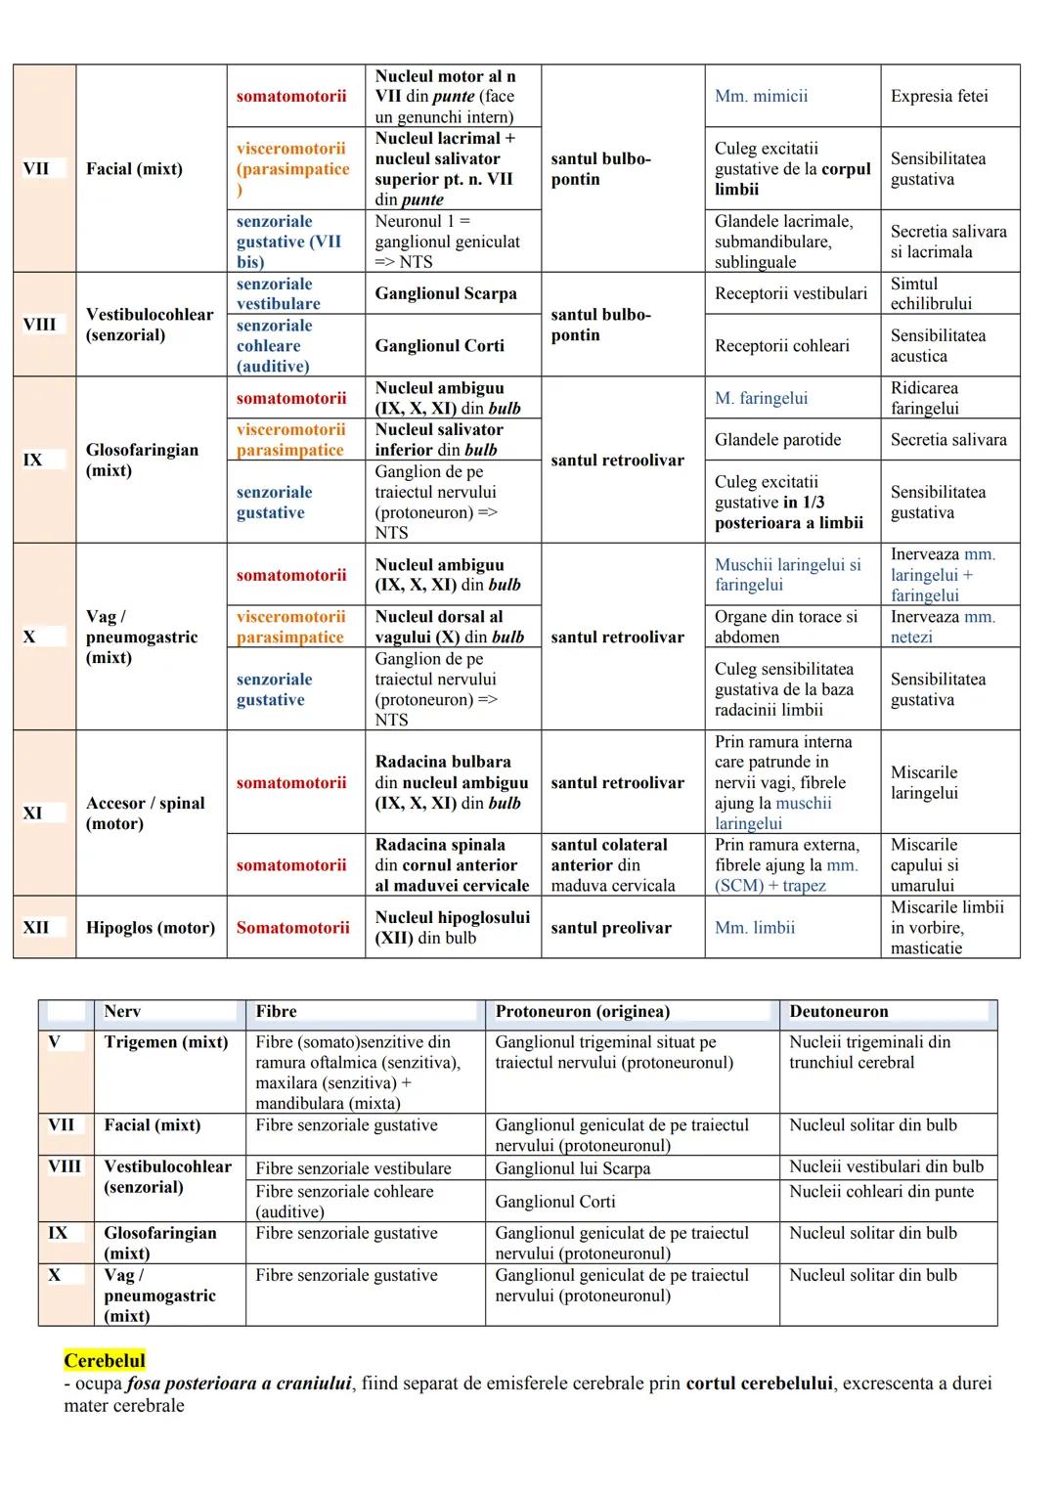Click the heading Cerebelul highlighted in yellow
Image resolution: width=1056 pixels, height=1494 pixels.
click(105, 1360)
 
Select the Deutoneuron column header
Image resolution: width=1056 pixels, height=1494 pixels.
click(838, 1012)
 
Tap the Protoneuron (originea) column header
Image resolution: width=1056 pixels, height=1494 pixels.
click(582, 1012)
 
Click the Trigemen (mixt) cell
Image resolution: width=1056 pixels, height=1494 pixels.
click(166, 1042)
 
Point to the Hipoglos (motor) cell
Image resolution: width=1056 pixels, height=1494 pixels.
click(151, 927)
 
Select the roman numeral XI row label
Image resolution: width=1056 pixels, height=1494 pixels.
click(33, 813)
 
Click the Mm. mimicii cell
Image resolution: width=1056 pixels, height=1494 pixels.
click(761, 96)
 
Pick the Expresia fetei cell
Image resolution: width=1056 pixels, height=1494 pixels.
click(939, 96)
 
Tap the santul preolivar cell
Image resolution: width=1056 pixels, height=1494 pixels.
click(610, 927)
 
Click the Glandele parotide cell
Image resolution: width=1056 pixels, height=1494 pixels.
click(777, 440)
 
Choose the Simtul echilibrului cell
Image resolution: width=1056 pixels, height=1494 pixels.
click(930, 293)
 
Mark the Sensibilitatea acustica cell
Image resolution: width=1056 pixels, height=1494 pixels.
click(937, 345)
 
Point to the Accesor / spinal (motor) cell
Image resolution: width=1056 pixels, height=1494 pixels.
click(146, 813)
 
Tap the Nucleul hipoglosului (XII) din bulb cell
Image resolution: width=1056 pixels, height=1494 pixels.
click(452, 927)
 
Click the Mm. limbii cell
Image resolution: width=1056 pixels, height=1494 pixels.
click(754, 927)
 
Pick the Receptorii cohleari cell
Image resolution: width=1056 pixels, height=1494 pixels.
click(781, 345)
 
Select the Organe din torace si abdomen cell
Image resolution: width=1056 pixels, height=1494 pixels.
click(785, 627)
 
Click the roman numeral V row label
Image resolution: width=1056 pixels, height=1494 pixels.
click(55, 1042)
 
